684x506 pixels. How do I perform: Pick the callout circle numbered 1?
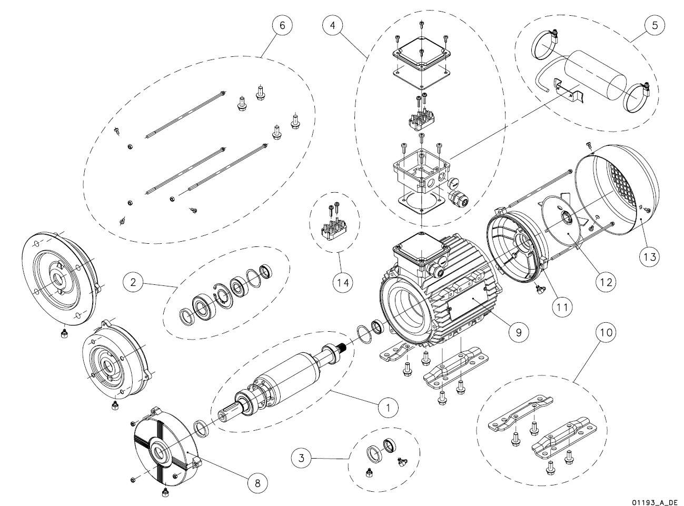388,407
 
